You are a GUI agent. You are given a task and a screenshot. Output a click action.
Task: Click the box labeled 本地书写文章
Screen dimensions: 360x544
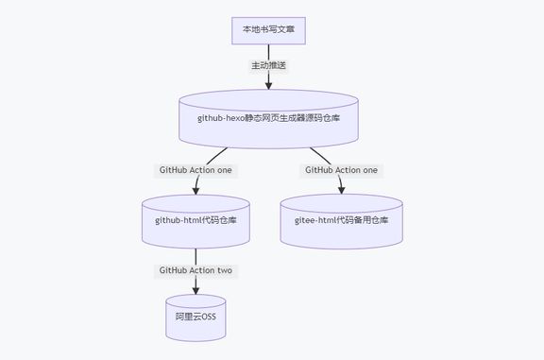click(268, 29)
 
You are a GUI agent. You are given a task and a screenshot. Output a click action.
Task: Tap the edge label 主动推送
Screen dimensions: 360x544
click(268, 66)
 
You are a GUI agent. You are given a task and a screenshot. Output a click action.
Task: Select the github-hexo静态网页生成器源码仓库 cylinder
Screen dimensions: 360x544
click(268, 118)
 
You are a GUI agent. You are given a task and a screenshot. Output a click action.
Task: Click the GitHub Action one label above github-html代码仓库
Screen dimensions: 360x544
click(195, 171)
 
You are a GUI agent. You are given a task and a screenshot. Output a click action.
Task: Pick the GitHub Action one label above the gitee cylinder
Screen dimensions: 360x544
click(341, 170)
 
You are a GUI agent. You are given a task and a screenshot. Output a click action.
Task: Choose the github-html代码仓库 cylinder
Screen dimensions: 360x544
click(195, 220)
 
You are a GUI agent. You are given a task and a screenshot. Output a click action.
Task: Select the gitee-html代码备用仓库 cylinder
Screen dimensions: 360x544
click(341, 220)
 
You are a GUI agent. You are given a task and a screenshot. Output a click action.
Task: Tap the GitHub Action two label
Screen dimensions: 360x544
click(195, 270)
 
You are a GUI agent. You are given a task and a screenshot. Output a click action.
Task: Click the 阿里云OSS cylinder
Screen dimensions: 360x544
click(195, 315)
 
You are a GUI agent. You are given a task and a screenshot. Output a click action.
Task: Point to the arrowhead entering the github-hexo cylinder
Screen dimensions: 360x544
click(268, 85)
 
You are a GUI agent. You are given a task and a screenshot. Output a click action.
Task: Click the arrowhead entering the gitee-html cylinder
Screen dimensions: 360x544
click(341, 188)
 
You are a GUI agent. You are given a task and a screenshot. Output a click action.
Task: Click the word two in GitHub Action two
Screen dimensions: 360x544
click(224, 270)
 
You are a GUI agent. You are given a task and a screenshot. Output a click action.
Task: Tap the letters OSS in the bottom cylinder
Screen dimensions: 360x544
click(206, 315)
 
